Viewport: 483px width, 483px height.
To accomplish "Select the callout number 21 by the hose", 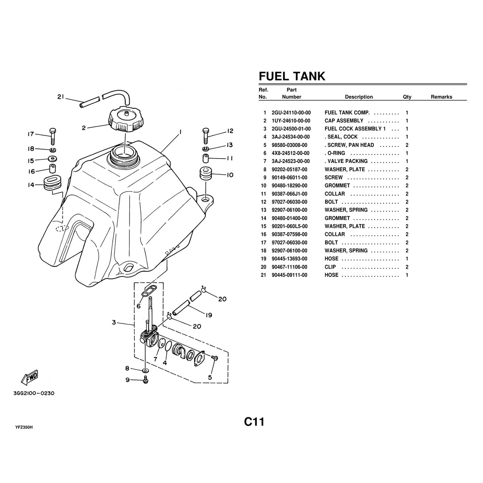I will pyautogui.click(x=61, y=97).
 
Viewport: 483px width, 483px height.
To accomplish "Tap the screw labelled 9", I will pyautogui.click(x=146, y=379).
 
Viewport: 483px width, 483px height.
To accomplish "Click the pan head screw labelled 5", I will pyautogui.click(x=214, y=358).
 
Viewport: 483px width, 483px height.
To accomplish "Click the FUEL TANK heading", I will pyautogui.click(x=291, y=76).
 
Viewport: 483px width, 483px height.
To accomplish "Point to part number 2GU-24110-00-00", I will pyautogui.click(x=291, y=113).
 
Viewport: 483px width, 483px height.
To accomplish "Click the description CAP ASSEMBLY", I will pyautogui.click(x=344, y=121).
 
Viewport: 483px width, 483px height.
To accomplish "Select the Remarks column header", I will pyautogui.click(x=441, y=97).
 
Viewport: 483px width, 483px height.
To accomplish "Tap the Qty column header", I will pyautogui.click(x=407, y=97).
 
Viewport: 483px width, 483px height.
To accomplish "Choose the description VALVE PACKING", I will pyautogui.click(x=347, y=161).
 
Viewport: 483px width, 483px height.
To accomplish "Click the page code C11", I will pyautogui.click(x=254, y=422).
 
